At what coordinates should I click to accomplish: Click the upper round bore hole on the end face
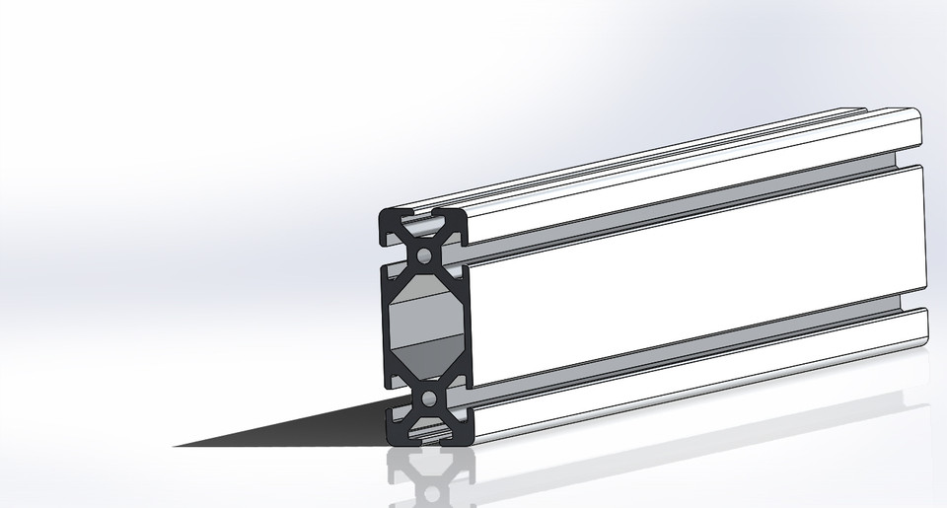pyautogui.click(x=425, y=255)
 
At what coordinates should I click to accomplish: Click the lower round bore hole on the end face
pyautogui.click(x=429, y=399)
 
